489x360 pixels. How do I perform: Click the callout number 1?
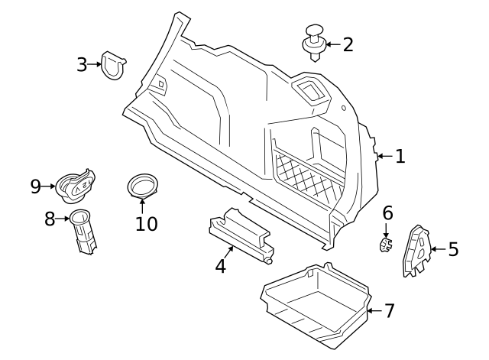coord(400,157)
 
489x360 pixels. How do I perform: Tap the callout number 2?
coord(348,44)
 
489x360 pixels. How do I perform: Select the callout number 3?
coord(83,64)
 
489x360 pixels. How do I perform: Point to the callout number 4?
coord(221,266)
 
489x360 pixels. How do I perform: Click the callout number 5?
coord(453,249)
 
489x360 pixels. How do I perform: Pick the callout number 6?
coord(387,212)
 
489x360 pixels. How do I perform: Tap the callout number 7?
coord(389,311)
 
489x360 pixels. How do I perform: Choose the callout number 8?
coord(50,219)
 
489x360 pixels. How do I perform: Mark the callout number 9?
coord(36,186)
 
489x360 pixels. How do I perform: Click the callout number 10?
coord(146,223)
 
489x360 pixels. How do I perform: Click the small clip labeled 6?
coord(386,244)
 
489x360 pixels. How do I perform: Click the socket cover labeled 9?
coord(77,183)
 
